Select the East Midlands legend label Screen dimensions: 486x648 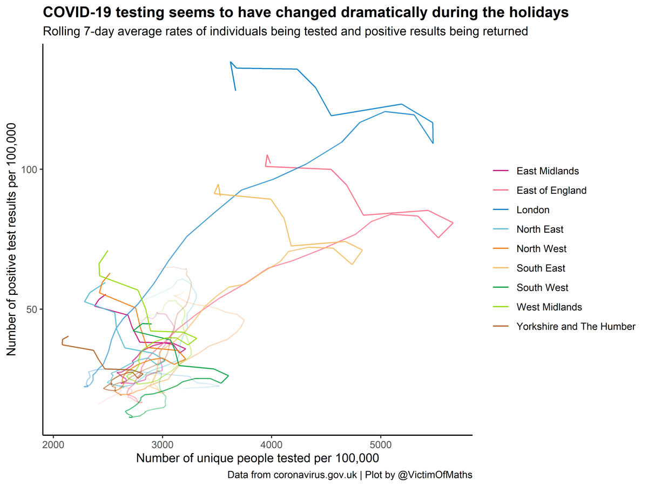click(547, 171)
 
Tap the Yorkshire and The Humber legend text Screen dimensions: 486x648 click(576, 327)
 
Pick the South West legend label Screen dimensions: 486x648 click(542, 288)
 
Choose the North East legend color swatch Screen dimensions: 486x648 click(501, 230)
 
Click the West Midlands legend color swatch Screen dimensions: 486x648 click(501, 307)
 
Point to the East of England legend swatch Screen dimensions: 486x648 click(501, 191)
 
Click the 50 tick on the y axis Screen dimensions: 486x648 click(33, 309)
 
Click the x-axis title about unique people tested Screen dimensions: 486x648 click(257, 458)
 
